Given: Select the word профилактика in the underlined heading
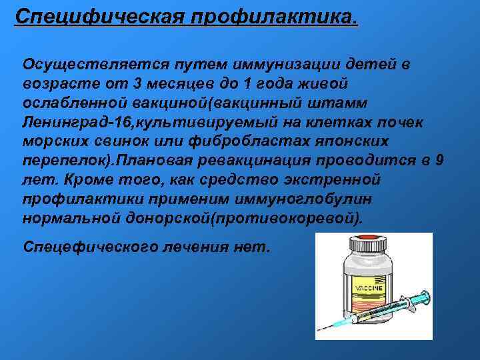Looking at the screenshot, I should [x=273, y=14].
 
